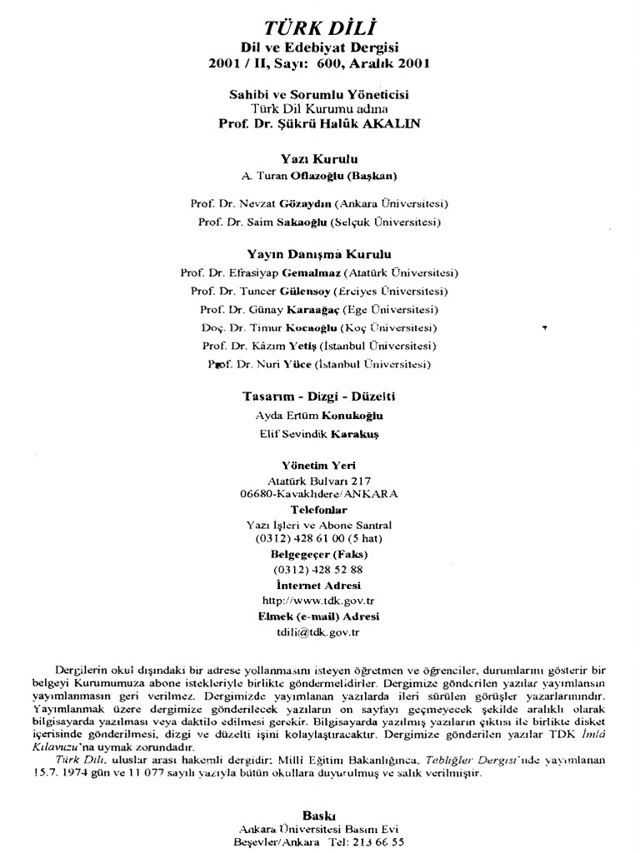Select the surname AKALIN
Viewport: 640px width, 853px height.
[x=391, y=123]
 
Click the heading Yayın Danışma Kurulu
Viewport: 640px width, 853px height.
[x=320, y=254]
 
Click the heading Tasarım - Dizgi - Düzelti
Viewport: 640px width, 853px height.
[x=320, y=396]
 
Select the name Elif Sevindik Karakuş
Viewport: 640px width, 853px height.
[x=320, y=434]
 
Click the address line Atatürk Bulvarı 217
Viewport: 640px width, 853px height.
[x=320, y=481]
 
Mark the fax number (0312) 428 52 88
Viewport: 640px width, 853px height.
[x=320, y=570]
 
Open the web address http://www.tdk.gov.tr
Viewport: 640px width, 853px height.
[x=320, y=600]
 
